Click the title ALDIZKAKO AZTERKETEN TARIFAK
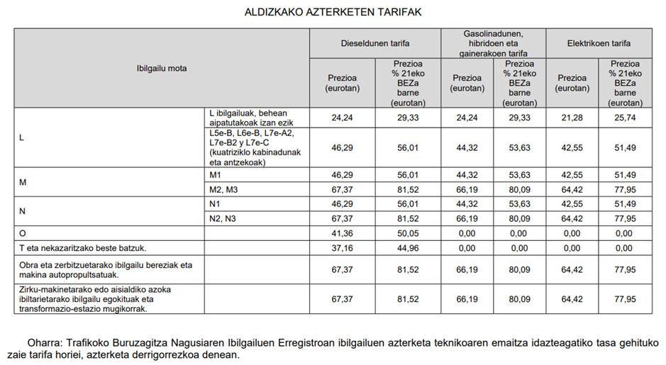click(333, 12)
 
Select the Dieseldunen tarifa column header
click(374, 43)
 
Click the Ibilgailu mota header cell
click(161, 69)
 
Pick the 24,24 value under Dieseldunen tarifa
click(343, 118)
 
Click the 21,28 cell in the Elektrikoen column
click(572, 118)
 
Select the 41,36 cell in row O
click(343, 232)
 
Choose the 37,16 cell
click(343, 248)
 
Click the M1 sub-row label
click(216, 174)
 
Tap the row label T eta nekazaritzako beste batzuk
click(84, 248)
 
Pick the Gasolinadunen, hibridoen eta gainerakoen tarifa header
click(494, 43)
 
